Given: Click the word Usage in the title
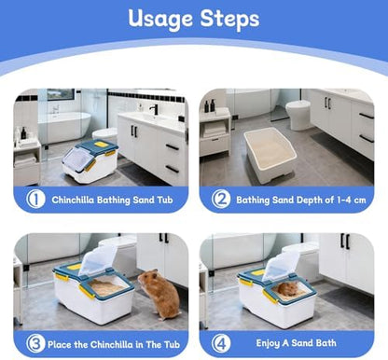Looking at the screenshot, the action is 160,20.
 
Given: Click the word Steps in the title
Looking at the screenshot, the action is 229,18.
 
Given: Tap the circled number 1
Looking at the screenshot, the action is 35,199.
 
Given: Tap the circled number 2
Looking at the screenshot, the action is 221,199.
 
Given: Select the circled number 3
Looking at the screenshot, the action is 35,343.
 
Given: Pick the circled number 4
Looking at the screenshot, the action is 221,343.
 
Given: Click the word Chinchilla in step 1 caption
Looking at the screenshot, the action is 73,200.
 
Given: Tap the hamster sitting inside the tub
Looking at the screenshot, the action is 288,289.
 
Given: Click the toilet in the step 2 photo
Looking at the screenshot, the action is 298,115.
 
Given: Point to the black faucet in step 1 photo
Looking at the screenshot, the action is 154,109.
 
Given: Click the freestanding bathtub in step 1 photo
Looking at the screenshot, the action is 64,127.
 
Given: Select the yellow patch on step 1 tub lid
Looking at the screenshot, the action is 100,145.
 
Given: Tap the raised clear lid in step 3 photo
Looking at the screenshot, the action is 98,260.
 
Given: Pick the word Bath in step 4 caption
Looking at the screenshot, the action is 326,343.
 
